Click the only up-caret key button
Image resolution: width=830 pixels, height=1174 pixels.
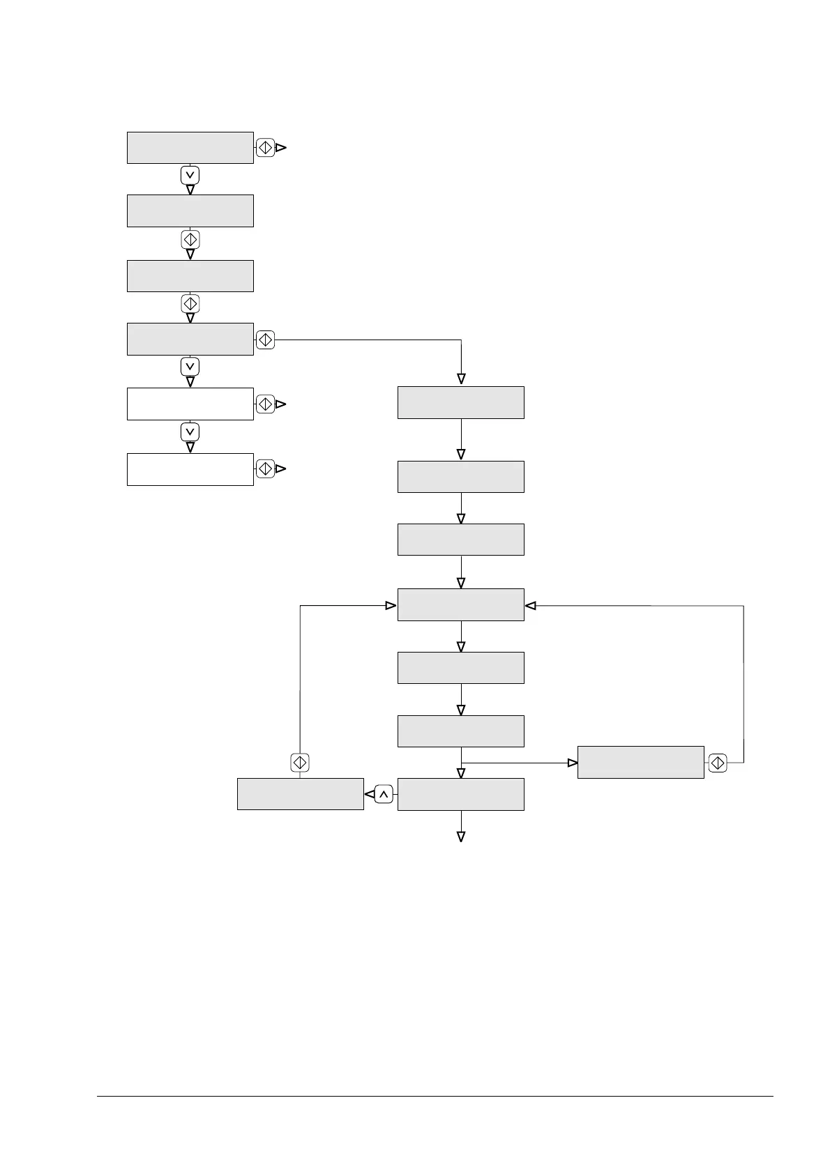pyautogui.click(x=383, y=794)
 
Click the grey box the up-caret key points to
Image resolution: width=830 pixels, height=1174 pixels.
pyautogui.click(x=300, y=794)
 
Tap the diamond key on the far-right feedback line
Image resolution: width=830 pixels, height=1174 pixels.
pyautogui.click(x=717, y=763)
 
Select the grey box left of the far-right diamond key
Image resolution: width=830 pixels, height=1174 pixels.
pyautogui.click(x=640, y=762)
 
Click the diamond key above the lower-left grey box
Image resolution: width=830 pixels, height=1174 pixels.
pyautogui.click(x=300, y=763)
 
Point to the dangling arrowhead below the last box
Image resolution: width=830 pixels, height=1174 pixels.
pyautogui.click(x=460, y=837)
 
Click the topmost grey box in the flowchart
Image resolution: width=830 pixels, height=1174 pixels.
pyautogui.click(x=190, y=148)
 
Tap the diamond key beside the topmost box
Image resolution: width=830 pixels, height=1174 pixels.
pyautogui.click(x=265, y=148)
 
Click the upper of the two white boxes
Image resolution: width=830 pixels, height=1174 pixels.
pyautogui.click(x=190, y=404)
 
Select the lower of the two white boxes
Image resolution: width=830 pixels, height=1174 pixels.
pyautogui.click(x=190, y=469)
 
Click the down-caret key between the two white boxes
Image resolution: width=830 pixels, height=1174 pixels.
pyautogui.click(x=190, y=432)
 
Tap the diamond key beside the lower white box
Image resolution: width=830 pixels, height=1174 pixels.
pyautogui.click(x=265, y=469)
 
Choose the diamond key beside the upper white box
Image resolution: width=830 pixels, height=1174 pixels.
pyautogui.click(x=265, y=404)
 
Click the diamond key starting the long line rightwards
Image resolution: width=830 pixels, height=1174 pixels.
pyautogui.click(x=265, y=340)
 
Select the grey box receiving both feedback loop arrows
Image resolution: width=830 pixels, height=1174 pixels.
pyautogui.click(x=460, y=604)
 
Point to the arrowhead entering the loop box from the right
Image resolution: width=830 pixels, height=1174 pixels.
pyautogui.click(x=531, y=606)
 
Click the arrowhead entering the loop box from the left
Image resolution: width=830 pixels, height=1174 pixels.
pyautogui.click(x=391, y=606)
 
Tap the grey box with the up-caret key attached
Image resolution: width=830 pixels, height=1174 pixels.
pyautogui.click(x=460, y=794)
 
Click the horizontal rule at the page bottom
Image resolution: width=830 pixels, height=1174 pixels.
pyautogui.click(x=435, y=1097)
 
